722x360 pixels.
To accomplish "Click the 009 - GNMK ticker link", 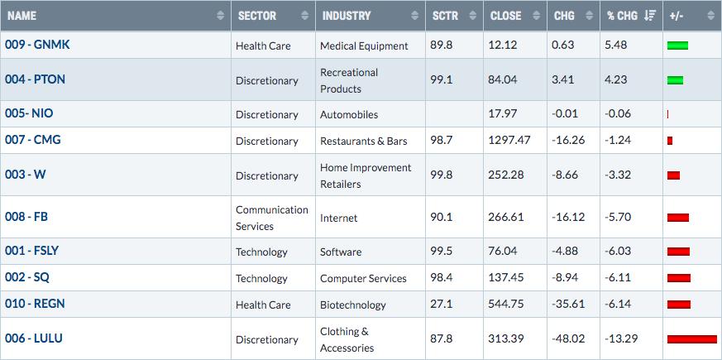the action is click(37, 46).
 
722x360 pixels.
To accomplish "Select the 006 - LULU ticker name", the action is click(34, 338).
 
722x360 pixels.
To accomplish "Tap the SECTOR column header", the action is click(257, 16).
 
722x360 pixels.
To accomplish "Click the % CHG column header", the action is click(622, 16).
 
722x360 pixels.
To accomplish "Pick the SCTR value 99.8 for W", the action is click(442, 175).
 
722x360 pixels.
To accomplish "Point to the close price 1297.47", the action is click(509, 140).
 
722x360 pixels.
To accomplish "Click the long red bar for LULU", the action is click(692, 339).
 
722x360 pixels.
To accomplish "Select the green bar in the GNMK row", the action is click(677, 46).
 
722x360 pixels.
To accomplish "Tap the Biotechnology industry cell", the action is click(353, 305).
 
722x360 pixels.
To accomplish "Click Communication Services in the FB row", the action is click(271, 218).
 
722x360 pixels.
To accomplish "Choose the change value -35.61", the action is click(568, 305).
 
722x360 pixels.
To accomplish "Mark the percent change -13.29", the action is click(621, 339).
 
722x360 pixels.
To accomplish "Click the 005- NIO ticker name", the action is click(29, 113).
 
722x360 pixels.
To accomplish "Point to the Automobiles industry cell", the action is click(349, 115).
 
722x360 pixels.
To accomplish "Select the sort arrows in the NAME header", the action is click(221, 16).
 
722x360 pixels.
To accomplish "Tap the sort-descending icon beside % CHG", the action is click(650, 16).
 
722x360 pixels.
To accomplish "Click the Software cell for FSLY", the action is click(341, 252).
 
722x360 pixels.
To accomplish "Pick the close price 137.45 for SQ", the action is click(506, 278).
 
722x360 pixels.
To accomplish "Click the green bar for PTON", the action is click(675, 80).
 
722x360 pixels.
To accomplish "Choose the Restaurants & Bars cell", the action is click(364, 142).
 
